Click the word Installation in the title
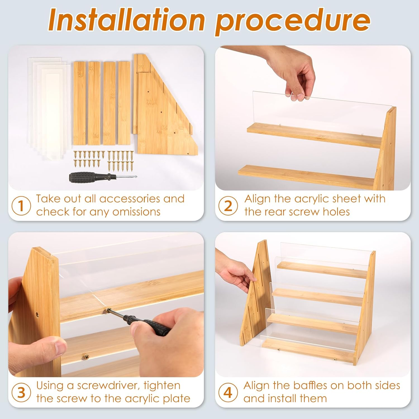(x=126, y=20)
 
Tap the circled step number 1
(x=21, y=206)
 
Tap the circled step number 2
(x=228, y=206)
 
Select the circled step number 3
(x=21, y=392)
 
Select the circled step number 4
(x=228, y=392)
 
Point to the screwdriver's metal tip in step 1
(x=131, y=176)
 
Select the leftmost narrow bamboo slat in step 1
(x=80, y=103)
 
